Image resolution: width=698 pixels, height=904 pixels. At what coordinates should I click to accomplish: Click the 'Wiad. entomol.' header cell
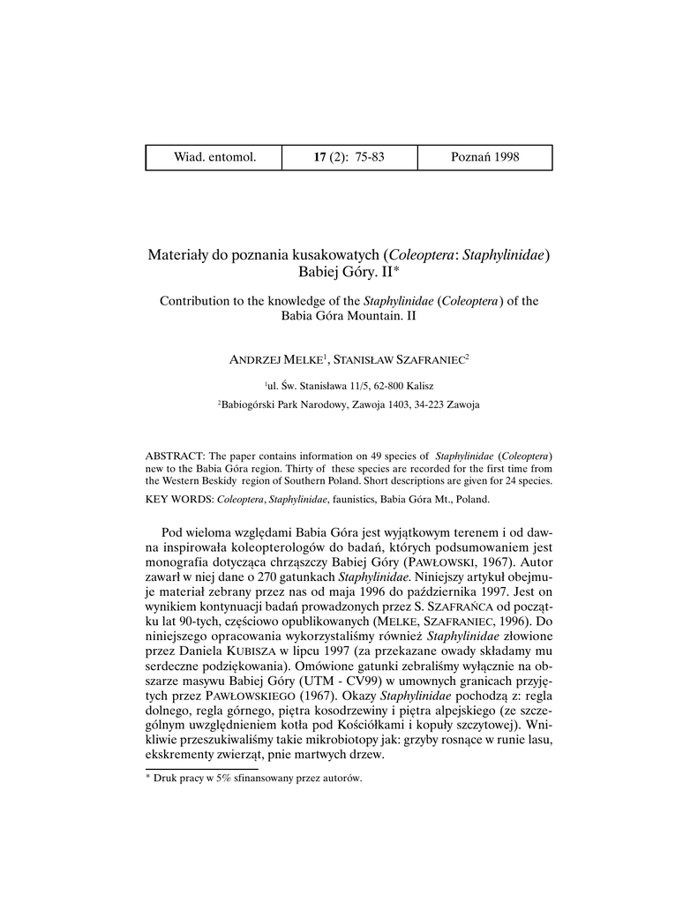coord(214,157)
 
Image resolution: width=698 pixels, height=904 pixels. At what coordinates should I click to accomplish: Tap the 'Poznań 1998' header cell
coord(484,157)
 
